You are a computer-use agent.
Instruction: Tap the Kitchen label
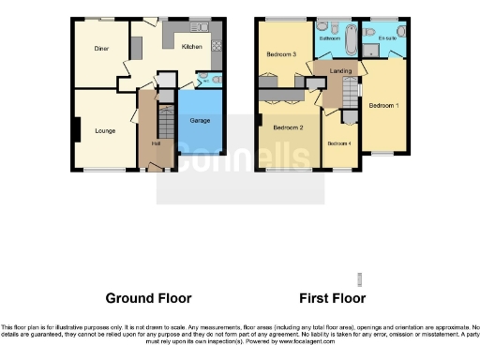[x=191, y=46]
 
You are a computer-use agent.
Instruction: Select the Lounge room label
[x=105, y=130]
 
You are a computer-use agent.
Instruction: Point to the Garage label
[x=200, y=121]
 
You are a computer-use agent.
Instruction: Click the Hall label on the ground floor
[x=157, y=142]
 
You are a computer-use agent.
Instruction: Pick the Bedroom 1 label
[x=383, y=105]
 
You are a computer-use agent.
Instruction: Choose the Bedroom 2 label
[x=287, y=127]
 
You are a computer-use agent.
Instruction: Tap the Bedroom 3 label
[x=282, y=54]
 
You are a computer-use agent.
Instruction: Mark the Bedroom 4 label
[x=338, y=142]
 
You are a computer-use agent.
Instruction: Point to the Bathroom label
[x=329, y=39]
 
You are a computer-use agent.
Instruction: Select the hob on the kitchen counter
[x=217, y=46]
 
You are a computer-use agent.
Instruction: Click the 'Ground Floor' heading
[x=148, y=298]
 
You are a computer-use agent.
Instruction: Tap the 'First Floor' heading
[x=331, y=298]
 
